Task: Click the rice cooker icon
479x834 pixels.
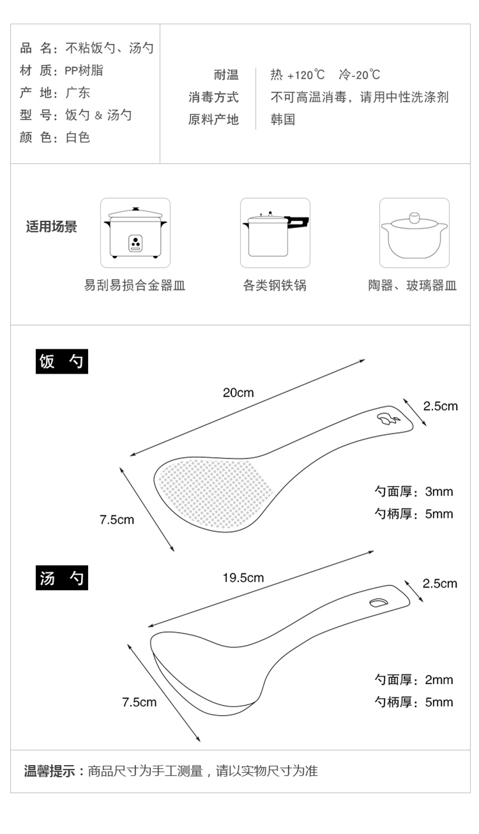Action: [135, 232]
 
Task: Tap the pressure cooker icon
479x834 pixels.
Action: [275, 232]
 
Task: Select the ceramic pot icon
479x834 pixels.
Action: [414, 232]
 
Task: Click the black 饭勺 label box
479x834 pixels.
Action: [61, 361]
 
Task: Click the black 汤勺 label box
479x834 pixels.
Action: [61, 579]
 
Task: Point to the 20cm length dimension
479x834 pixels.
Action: [238, 393]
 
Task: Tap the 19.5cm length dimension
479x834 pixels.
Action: [243, 578]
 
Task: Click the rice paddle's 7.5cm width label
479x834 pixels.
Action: [117, 519]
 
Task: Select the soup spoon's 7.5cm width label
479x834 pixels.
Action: [139, 702]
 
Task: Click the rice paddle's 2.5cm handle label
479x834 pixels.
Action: [441, 406]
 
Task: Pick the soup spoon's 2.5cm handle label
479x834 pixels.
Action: [440, 583]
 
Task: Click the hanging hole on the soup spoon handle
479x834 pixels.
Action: [378, 602]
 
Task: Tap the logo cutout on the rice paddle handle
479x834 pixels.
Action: [387, 419]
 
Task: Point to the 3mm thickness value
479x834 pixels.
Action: [439, 492]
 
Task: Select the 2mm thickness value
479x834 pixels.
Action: [439, 679]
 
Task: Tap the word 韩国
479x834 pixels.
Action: [283, 119]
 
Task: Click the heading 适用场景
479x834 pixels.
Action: [51, 227]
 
